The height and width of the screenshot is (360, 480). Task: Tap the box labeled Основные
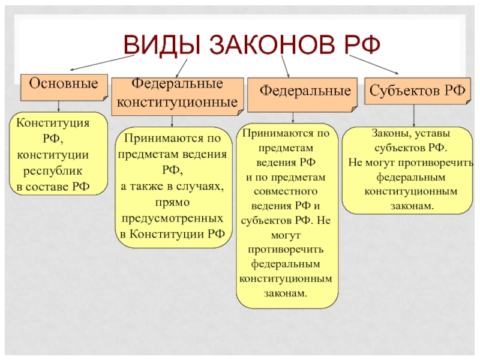click(64, 83)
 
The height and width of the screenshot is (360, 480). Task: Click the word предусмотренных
click(172, 218)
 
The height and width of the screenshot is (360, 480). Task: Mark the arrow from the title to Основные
click(103, 61)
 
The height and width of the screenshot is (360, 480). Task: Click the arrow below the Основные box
click(58, 106)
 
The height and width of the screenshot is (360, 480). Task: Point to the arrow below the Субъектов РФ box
click(413, 116)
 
